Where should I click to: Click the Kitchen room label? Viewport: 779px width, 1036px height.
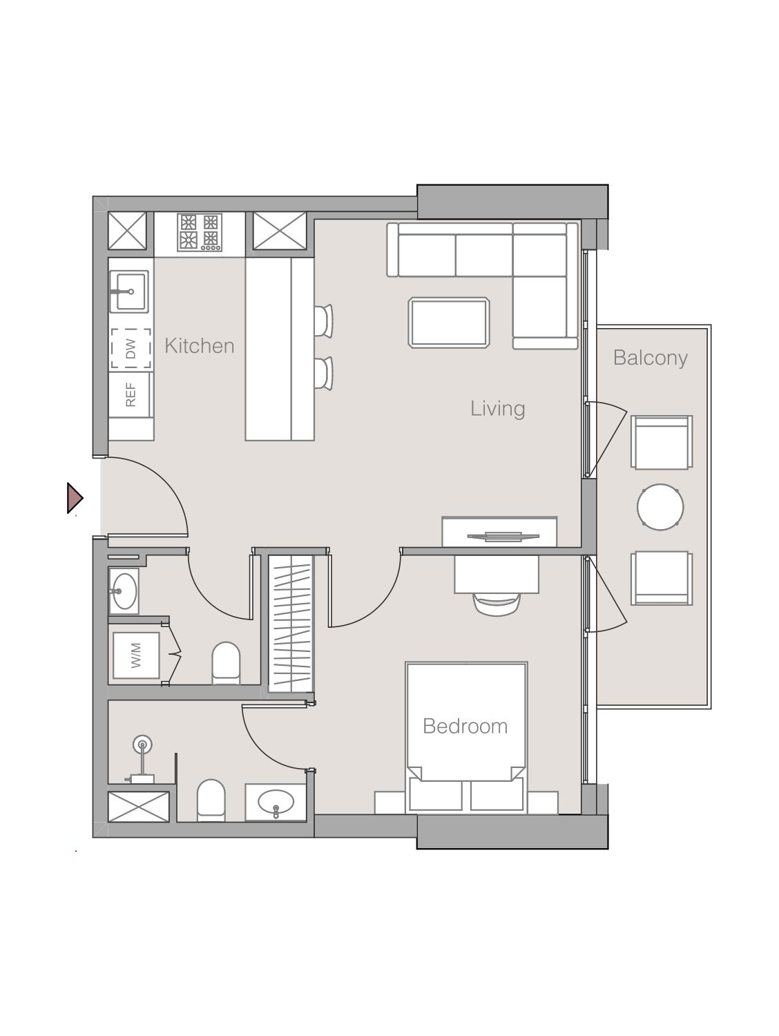pos(199,345)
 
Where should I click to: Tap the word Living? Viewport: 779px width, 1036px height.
pos(497,408)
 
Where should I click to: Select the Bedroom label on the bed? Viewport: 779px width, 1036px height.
pos(465,726)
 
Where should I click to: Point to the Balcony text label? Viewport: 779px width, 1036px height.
pos(650,358)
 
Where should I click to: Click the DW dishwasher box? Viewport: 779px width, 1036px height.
pos(131,349)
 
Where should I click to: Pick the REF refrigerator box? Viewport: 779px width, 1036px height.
pos(131,394)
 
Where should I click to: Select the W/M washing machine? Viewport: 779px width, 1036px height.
pos(136,655)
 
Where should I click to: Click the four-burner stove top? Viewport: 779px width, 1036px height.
pos(199,231)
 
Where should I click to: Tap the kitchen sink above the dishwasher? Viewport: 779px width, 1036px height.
pos(129,291)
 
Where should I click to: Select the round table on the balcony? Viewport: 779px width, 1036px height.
pos(660,507)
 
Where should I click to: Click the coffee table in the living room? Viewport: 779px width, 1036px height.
pos(449,322)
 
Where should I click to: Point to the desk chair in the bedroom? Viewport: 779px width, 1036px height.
pos(496,603)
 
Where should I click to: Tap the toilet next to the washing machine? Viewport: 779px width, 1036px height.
pos(225,662)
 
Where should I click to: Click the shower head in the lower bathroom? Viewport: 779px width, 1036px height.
pos(143,745)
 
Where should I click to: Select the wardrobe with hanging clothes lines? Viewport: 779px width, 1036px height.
pos(291,623)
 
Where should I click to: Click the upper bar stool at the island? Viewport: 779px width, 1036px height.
pos(323,320)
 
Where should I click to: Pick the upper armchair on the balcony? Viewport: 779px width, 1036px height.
pos(662,442)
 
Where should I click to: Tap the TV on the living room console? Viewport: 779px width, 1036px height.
pos(499,535)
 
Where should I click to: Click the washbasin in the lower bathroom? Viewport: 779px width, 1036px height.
pos(276,803)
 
